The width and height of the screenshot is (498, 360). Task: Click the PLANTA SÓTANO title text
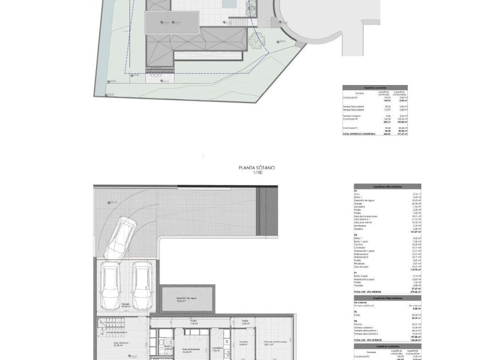point(257,168)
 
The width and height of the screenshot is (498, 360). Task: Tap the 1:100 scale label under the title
point(256,172)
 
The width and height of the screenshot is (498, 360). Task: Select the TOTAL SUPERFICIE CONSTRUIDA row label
point(359,135)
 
